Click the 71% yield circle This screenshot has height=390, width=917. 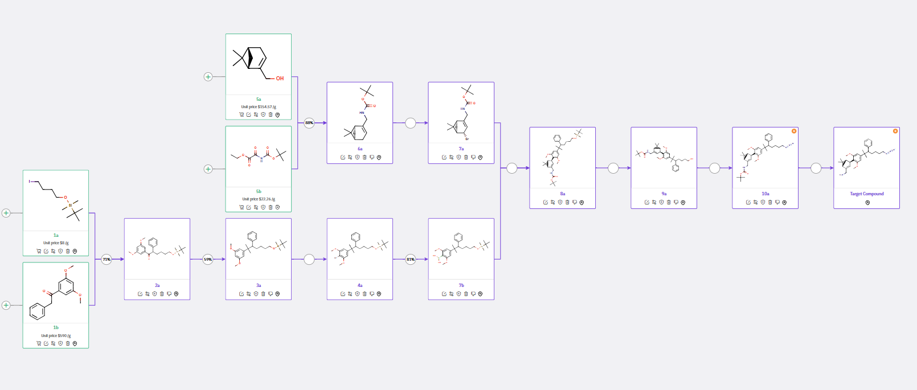pos(107,260)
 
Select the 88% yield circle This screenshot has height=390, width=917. pos(309,122)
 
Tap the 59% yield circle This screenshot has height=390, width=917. pos(208,260)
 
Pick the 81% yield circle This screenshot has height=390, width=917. pos(411,260)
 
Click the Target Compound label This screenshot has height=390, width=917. pos(866,194)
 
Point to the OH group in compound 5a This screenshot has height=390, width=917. pos(280,79)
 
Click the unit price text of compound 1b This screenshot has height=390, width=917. pos(56,336)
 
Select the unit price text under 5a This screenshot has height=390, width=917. pos(259,107)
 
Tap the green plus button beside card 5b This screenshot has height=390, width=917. pos(208,169)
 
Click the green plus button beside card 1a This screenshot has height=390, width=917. pos(6,213)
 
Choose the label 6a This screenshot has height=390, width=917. pos(360,149)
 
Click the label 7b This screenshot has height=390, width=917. pos(461,286)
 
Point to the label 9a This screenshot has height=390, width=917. pos(664,194)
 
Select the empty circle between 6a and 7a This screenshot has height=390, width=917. pos(411,123)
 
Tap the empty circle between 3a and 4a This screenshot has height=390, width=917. pos(309,260)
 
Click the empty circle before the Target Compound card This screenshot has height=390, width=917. pos(816,168)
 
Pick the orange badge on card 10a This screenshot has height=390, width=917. pos(794,131)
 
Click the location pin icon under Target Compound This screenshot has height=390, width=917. pos(867,203)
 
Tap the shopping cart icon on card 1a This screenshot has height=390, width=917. pos(39,251)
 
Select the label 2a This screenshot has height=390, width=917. pos(157,286)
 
